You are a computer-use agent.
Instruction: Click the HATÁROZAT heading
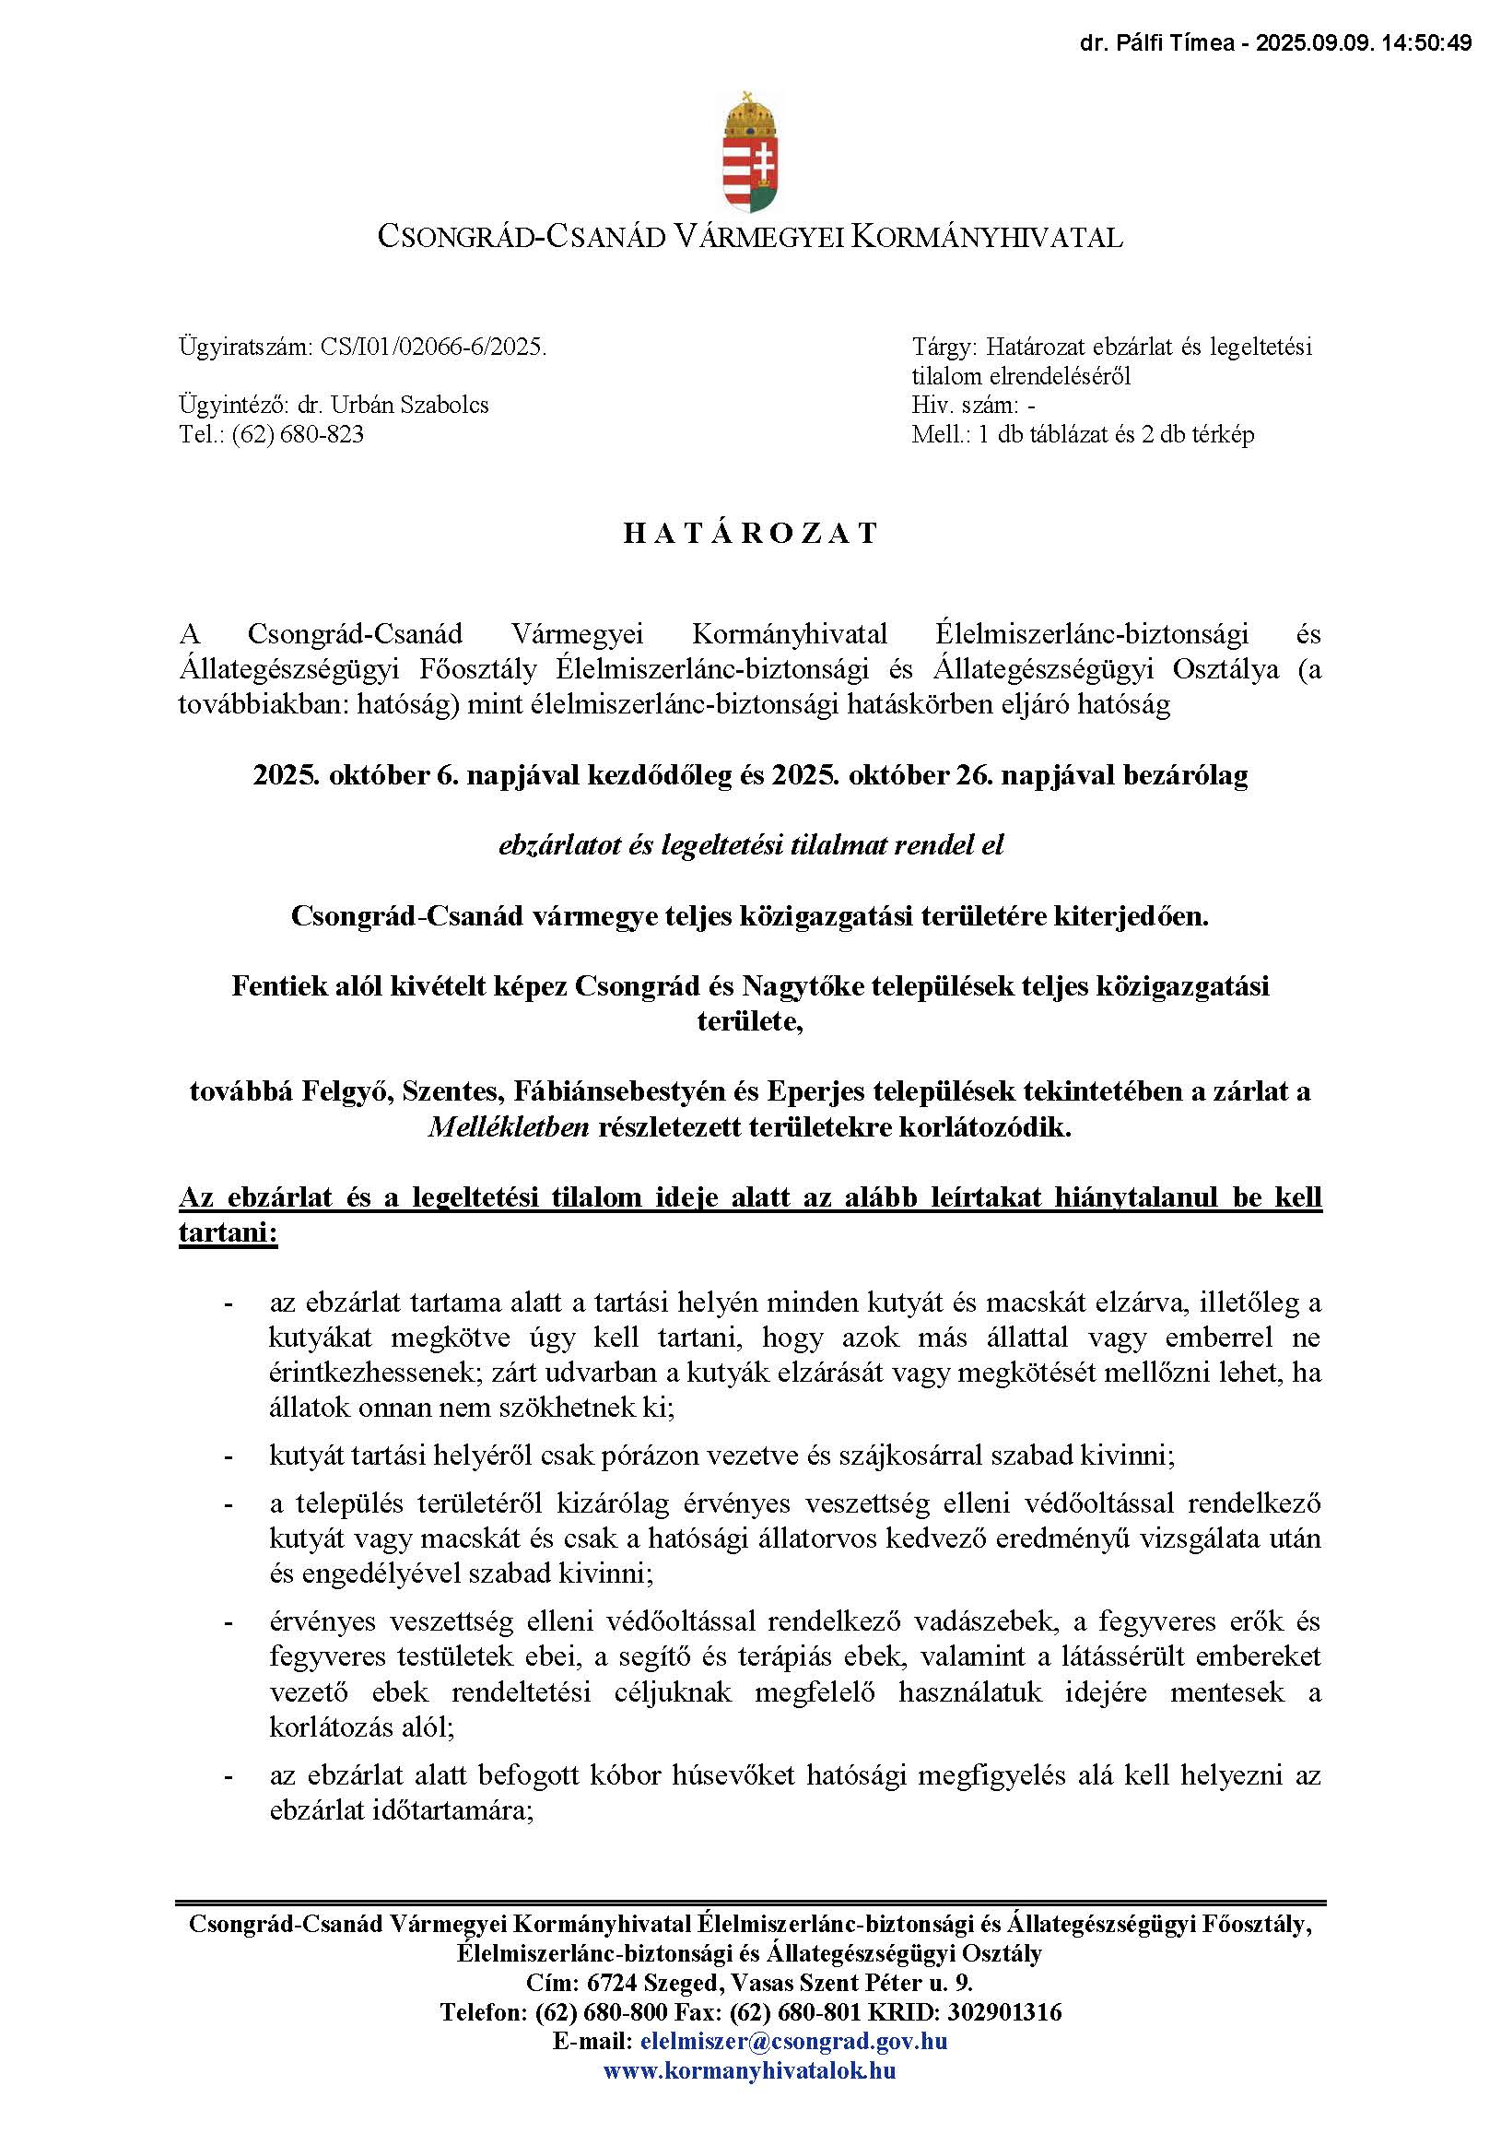(x=751, y=534)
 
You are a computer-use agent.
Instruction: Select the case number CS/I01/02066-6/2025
(x=433, y=348)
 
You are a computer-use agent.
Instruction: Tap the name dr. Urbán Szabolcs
(x=393, y=405)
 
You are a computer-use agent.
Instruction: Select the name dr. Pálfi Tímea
(x=1156, y=43)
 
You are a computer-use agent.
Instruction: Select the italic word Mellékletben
(x=509, y=1127)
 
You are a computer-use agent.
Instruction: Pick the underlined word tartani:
(x=228, y=1233)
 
